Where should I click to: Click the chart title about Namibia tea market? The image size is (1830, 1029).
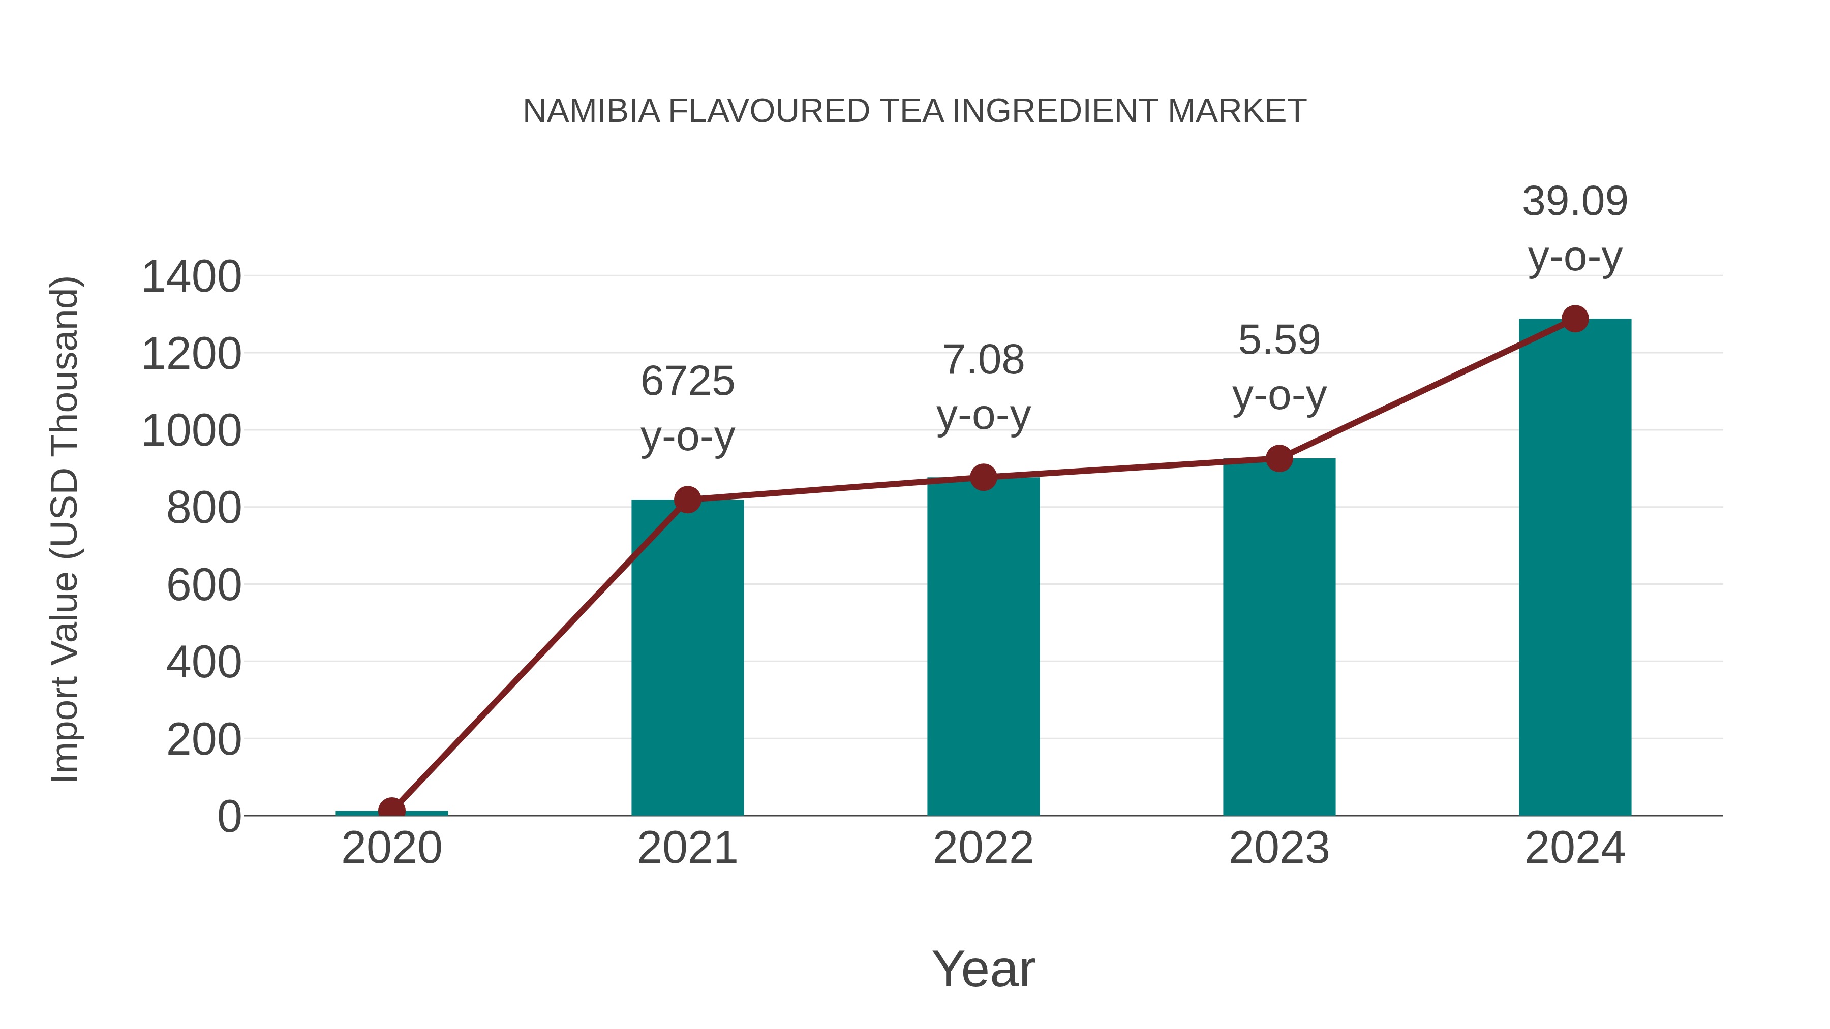point(914,111)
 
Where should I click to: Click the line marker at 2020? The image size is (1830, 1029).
point(391,809)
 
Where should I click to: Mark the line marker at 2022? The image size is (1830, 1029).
point(983,477)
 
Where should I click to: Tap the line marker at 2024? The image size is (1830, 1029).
point(1575,319)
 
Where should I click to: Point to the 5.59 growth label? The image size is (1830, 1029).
point(1279,367)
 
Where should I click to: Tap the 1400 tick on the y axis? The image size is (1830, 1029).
point(192,277)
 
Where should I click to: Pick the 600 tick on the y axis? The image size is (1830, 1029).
point(204,586)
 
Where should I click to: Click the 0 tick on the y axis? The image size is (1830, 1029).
point(229,817)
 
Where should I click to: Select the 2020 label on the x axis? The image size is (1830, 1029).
point(391,848)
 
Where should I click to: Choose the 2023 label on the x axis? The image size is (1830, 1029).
point(1279,848)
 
